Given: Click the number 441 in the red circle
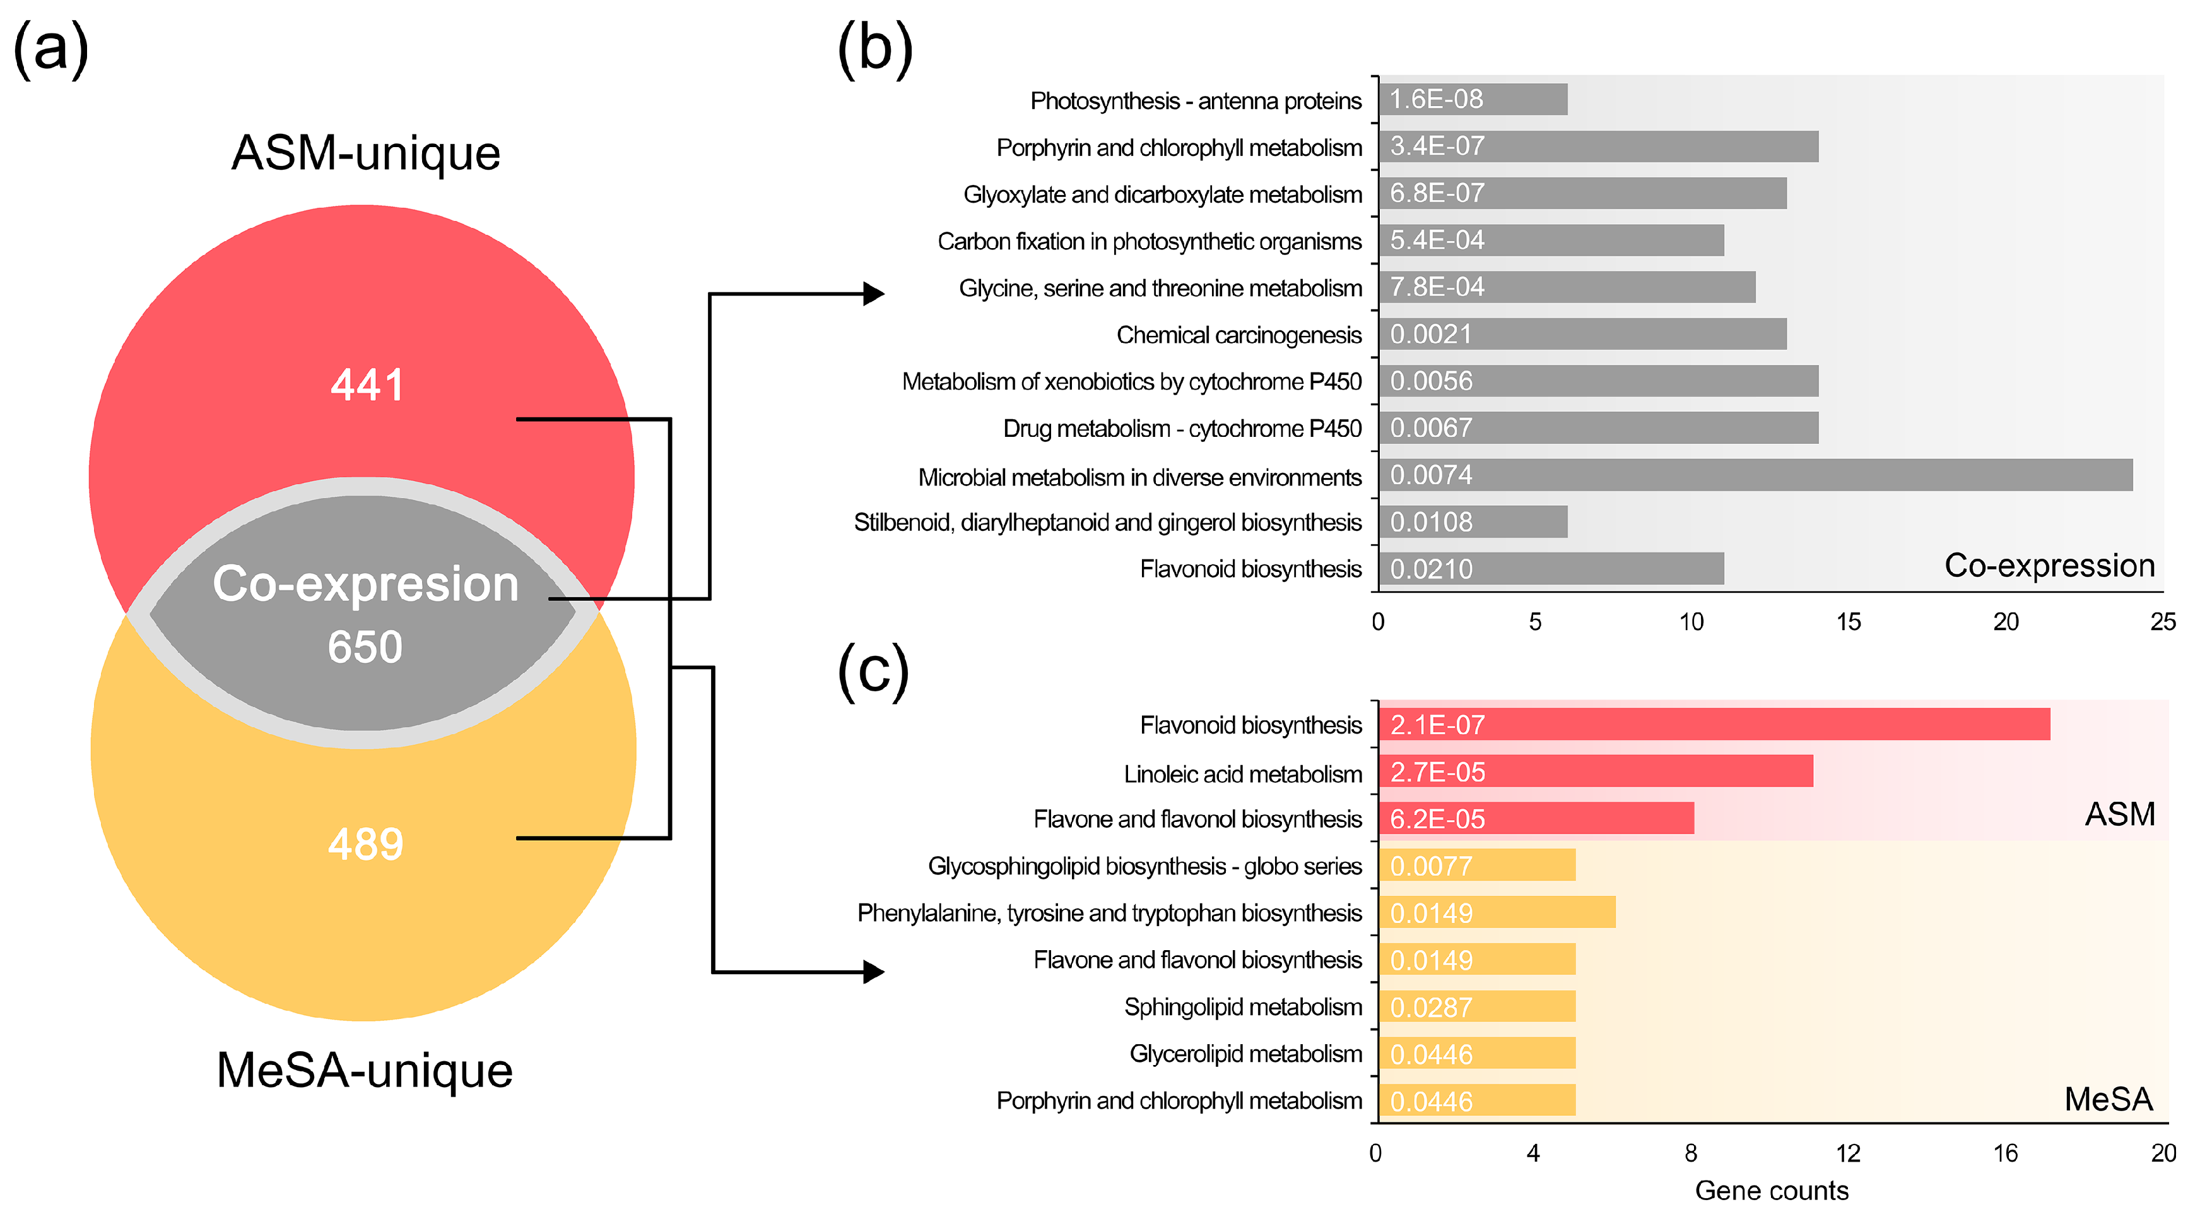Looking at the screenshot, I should pyautogui.click(x=367, y=384).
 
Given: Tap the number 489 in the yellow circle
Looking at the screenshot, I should pyautogui.click(x=365, y=844).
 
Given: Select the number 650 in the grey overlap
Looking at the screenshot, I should pyautogui.click(x=365, y=646).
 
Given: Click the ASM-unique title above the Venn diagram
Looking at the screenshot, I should pyautogui.click(x=365, y=154).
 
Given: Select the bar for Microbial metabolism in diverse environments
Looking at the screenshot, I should pyautogui.click(x=1755, y=475).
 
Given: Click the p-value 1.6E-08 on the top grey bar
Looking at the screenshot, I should pyautogui.click(x=1437, y=99).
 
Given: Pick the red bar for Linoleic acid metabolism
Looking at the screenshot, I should pyautogui.click(x=1596, y=771).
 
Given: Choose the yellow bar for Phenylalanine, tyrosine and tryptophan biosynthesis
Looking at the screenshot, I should pyautogui.click(x=1497, y=912).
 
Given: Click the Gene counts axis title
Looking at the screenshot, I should pyautogui.click(x=1771, y=1190).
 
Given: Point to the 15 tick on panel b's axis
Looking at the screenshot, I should pyautogui.click(x=1848, y=622).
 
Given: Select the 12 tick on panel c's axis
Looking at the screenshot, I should pyautogui.click(x=1848, y=1153).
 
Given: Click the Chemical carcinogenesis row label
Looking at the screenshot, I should pyautogui.click(x=1238, y=335).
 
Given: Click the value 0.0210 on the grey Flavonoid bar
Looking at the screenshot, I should pyautogui.click(x=1432, y=569).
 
